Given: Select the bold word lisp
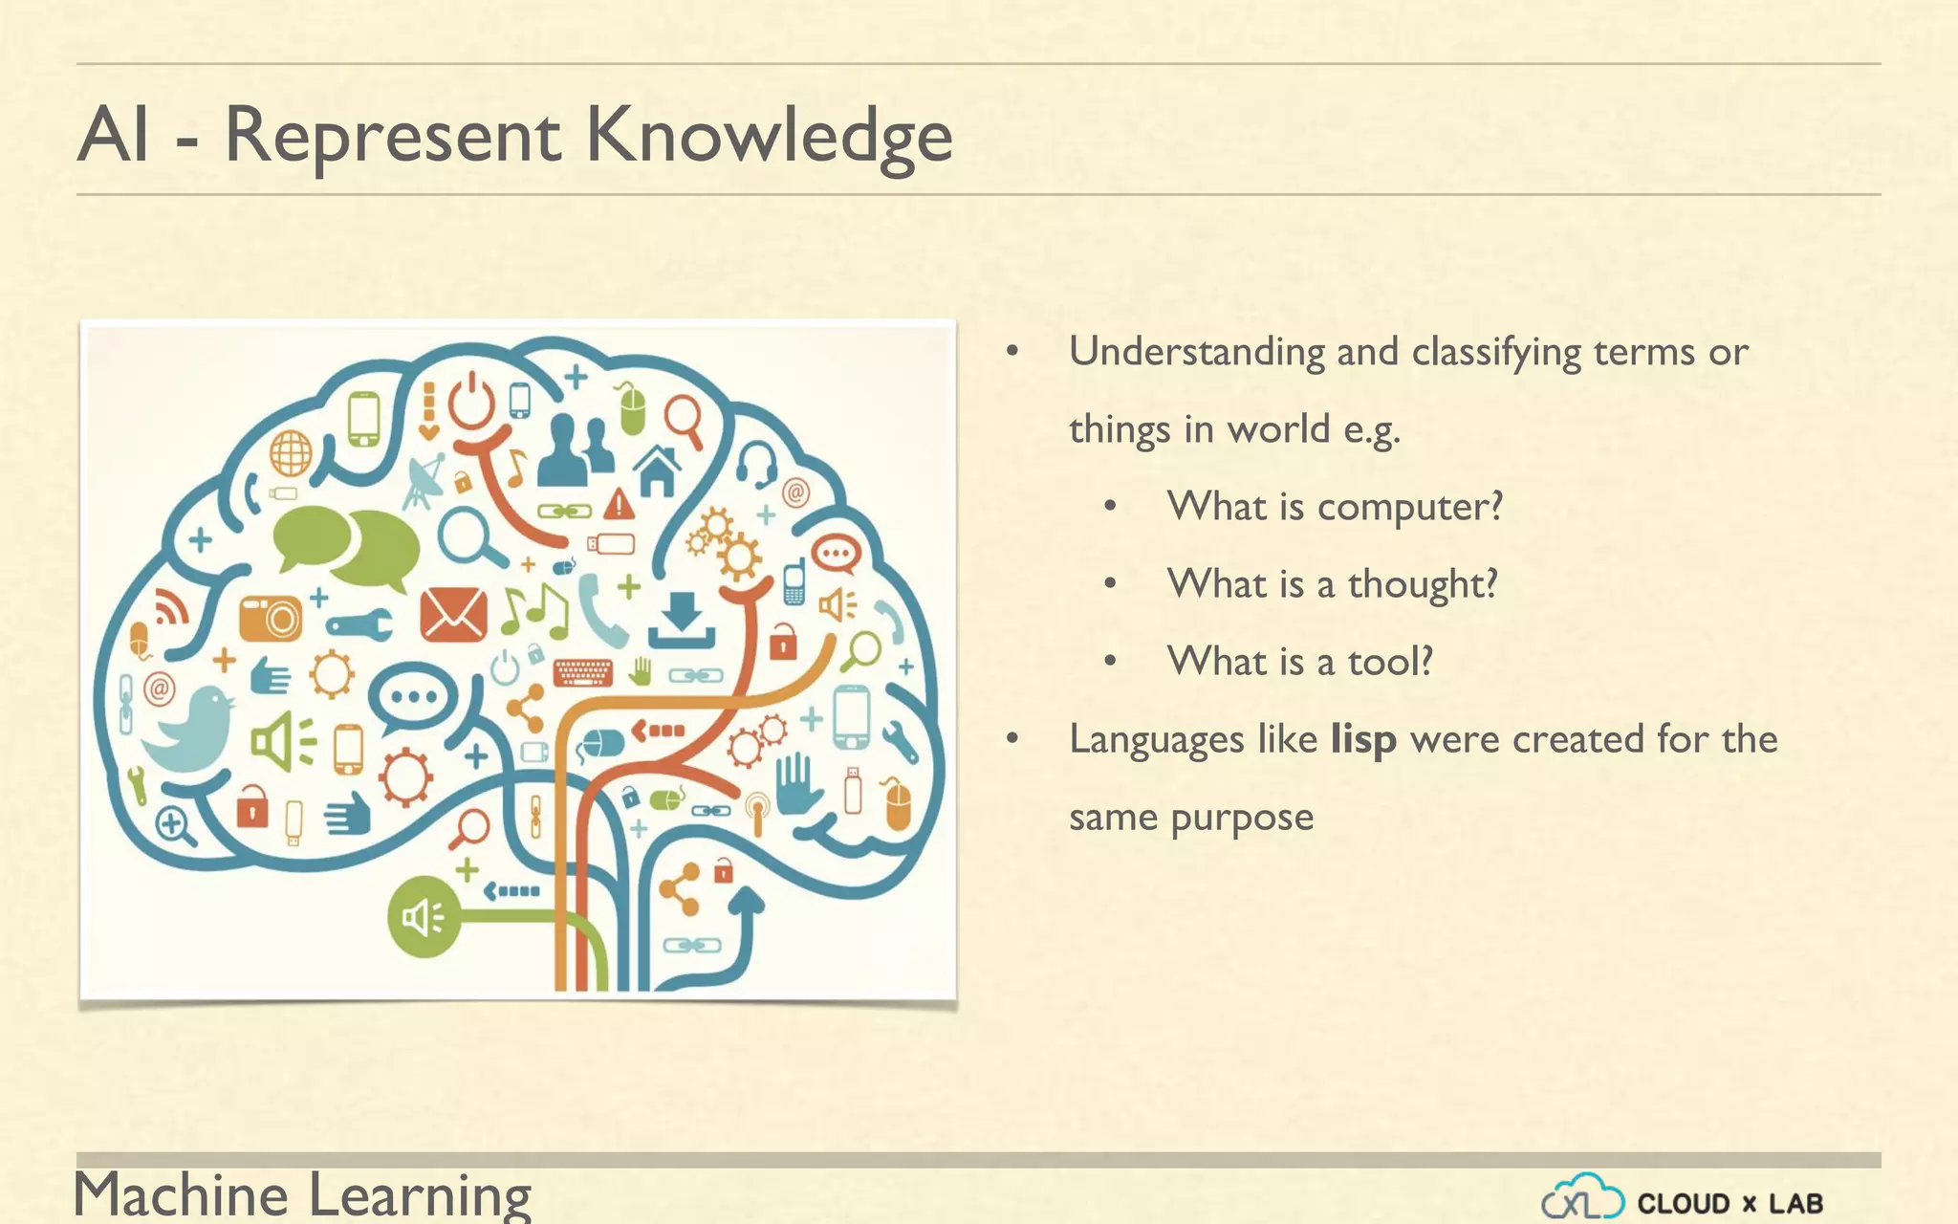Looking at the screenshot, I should click(1363, 739).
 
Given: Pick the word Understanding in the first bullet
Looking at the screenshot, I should click(1196, 353).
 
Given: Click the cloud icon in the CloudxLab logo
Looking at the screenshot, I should click(1582, 1197).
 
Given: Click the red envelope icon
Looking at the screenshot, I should click(453, 614).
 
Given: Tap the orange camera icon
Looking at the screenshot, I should click(271, 619).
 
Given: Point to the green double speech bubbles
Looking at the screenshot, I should click(347, 546).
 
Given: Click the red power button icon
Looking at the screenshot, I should click(472, 402).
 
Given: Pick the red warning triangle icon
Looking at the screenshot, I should click(619, 503).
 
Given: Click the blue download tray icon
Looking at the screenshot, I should click(682, 622).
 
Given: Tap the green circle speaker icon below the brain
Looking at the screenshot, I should click(424, 917).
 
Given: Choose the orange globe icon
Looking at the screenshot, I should click(291, 452).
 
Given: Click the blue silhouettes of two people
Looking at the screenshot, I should click(576, 448).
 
